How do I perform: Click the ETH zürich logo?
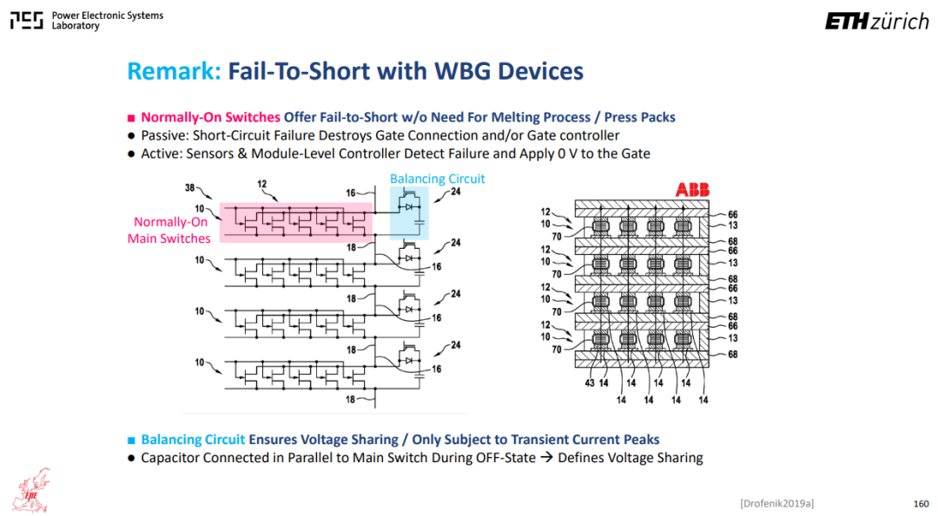tap(877, 22)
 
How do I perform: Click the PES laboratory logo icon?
tap(26, 20)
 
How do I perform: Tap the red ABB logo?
tap(692, 190)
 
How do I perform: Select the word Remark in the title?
tap(174, 71)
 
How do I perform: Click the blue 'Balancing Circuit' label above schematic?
tap(437, 179)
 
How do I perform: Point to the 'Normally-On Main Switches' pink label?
tap(169, 230)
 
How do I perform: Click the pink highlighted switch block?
tap(296, 222)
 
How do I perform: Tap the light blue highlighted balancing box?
tap(409, 212)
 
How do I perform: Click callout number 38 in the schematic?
tap(189, 187)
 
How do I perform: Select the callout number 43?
tap(589, 382)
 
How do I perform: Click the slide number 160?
tap(921, 504)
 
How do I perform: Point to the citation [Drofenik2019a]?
tap(776, 504)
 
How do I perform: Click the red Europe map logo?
tap(32, 490)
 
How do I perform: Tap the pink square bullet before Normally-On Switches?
tap(131, 118)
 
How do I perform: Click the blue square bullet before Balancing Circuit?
tap(131, 441)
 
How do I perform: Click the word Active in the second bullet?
tap(161, 153)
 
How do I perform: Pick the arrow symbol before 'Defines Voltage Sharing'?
tap(546, 458)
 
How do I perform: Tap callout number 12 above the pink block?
tap(262, 184)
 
